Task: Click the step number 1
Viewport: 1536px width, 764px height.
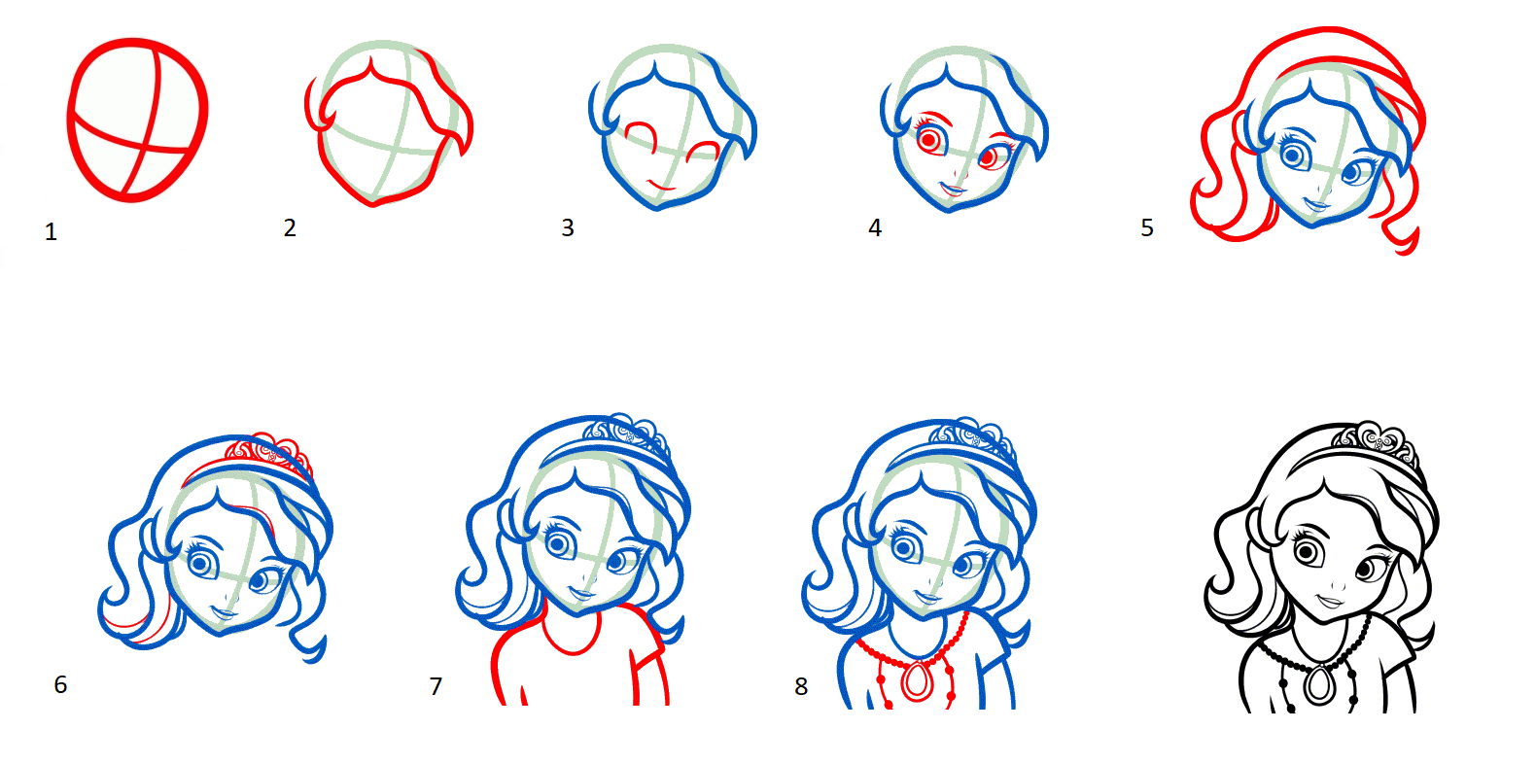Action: pos(51,231)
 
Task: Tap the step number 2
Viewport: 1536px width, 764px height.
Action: pos(290,227)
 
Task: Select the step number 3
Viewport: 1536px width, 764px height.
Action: pos(568,227)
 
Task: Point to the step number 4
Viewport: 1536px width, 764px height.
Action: pos(874,227)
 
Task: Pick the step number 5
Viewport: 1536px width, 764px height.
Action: pos(1147,227)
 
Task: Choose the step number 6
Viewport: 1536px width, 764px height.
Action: pos(60,684)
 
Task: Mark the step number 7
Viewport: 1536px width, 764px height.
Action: pos(436,686)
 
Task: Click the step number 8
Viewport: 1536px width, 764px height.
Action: pos(801,686)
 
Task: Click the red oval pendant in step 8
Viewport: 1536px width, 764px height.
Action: pos(917,681)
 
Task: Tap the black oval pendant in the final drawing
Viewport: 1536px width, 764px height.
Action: pos(1318,684)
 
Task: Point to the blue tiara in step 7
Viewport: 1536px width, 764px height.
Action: pos(625,434)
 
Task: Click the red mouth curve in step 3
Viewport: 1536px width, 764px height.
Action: pos(662,185)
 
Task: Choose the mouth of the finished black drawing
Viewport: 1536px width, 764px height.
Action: pos(1330,602)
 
